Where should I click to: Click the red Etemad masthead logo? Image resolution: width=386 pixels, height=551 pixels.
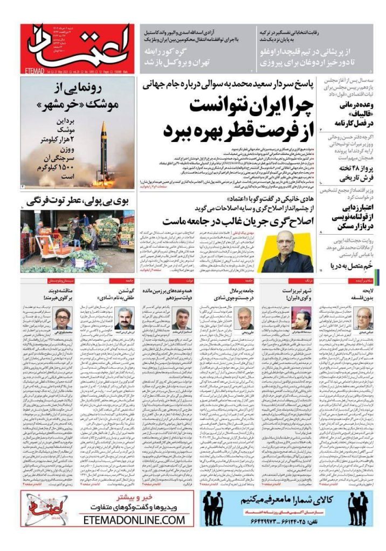point(77,48)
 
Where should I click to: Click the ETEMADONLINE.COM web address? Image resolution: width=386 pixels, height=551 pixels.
point(134,520)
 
